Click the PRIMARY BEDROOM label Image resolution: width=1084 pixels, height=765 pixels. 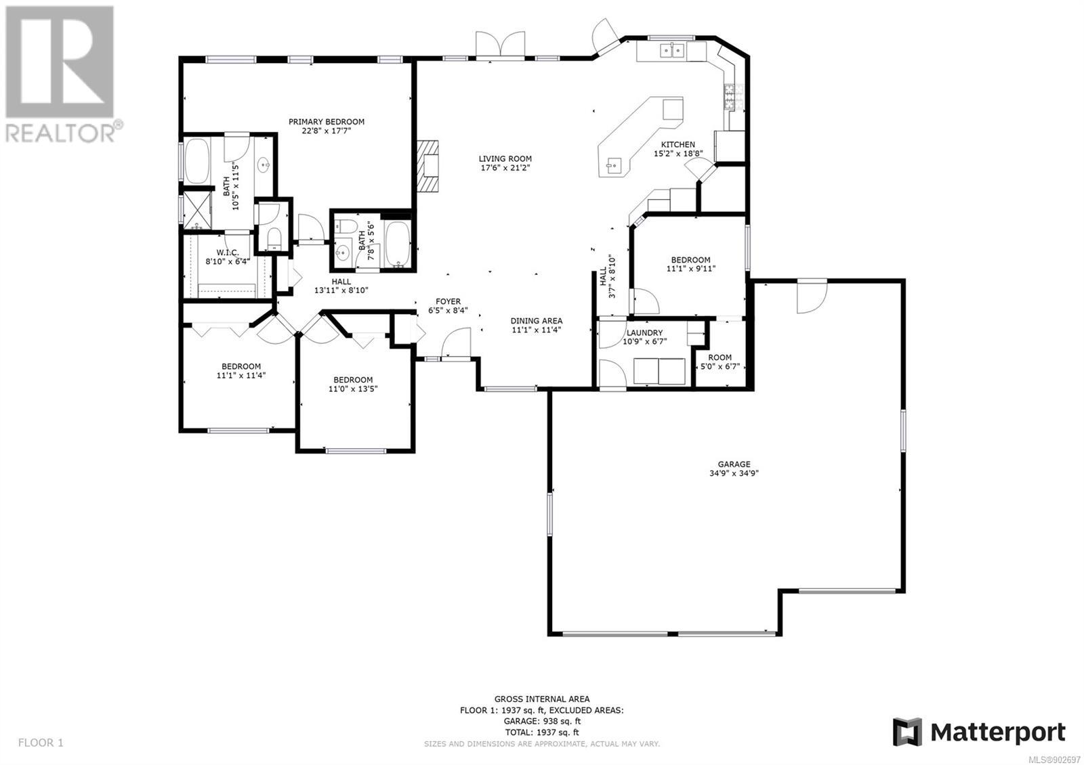pyautogui.click(x=326, y=122)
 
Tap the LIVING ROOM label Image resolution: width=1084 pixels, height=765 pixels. pyautogui.click(x=505, y=158)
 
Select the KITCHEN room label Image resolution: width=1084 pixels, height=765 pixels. pyautogui.click(x=678, y=145)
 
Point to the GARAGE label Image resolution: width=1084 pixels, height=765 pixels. pyautogui.click(x=734, y=464)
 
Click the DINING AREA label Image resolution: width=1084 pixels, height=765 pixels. pyautogui.click(x=536, y=321)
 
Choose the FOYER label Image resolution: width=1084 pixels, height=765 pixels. pyautogui.click(x=448, y=301)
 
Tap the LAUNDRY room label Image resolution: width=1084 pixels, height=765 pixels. pyautogui.click(x=644, y=332)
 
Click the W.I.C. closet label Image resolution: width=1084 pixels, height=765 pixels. pyautogui.click(x=228, y=253)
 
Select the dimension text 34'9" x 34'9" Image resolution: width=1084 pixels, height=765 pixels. pyautogui.click(x=734, y=473)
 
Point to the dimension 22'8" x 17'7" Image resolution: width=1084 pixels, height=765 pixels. pyautogui.click(x=326, y=131)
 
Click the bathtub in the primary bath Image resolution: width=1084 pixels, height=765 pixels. pyautogui.click(x=196, y=161)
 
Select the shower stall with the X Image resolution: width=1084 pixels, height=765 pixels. pyautogui.click(x=197, y=210)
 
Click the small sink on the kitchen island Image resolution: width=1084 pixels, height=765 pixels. pyautogui.click(x=613, y=165)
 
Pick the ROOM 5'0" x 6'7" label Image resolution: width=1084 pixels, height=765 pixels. pyautogui.click(x=720, y=362)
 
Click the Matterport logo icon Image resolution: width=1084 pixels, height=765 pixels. pyautogui.click(x=907, y=732)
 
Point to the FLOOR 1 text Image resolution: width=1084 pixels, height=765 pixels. pyautogui.click(x=41, y=742)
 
